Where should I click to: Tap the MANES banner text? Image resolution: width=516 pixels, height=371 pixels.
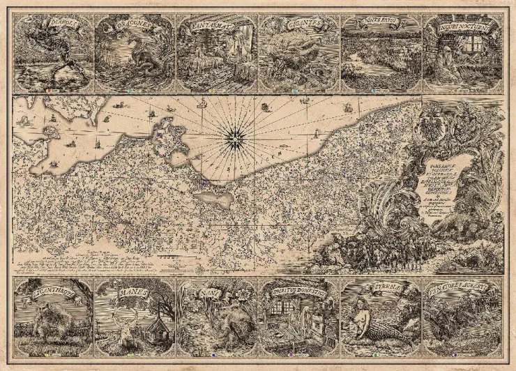[x=132, y=292]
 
